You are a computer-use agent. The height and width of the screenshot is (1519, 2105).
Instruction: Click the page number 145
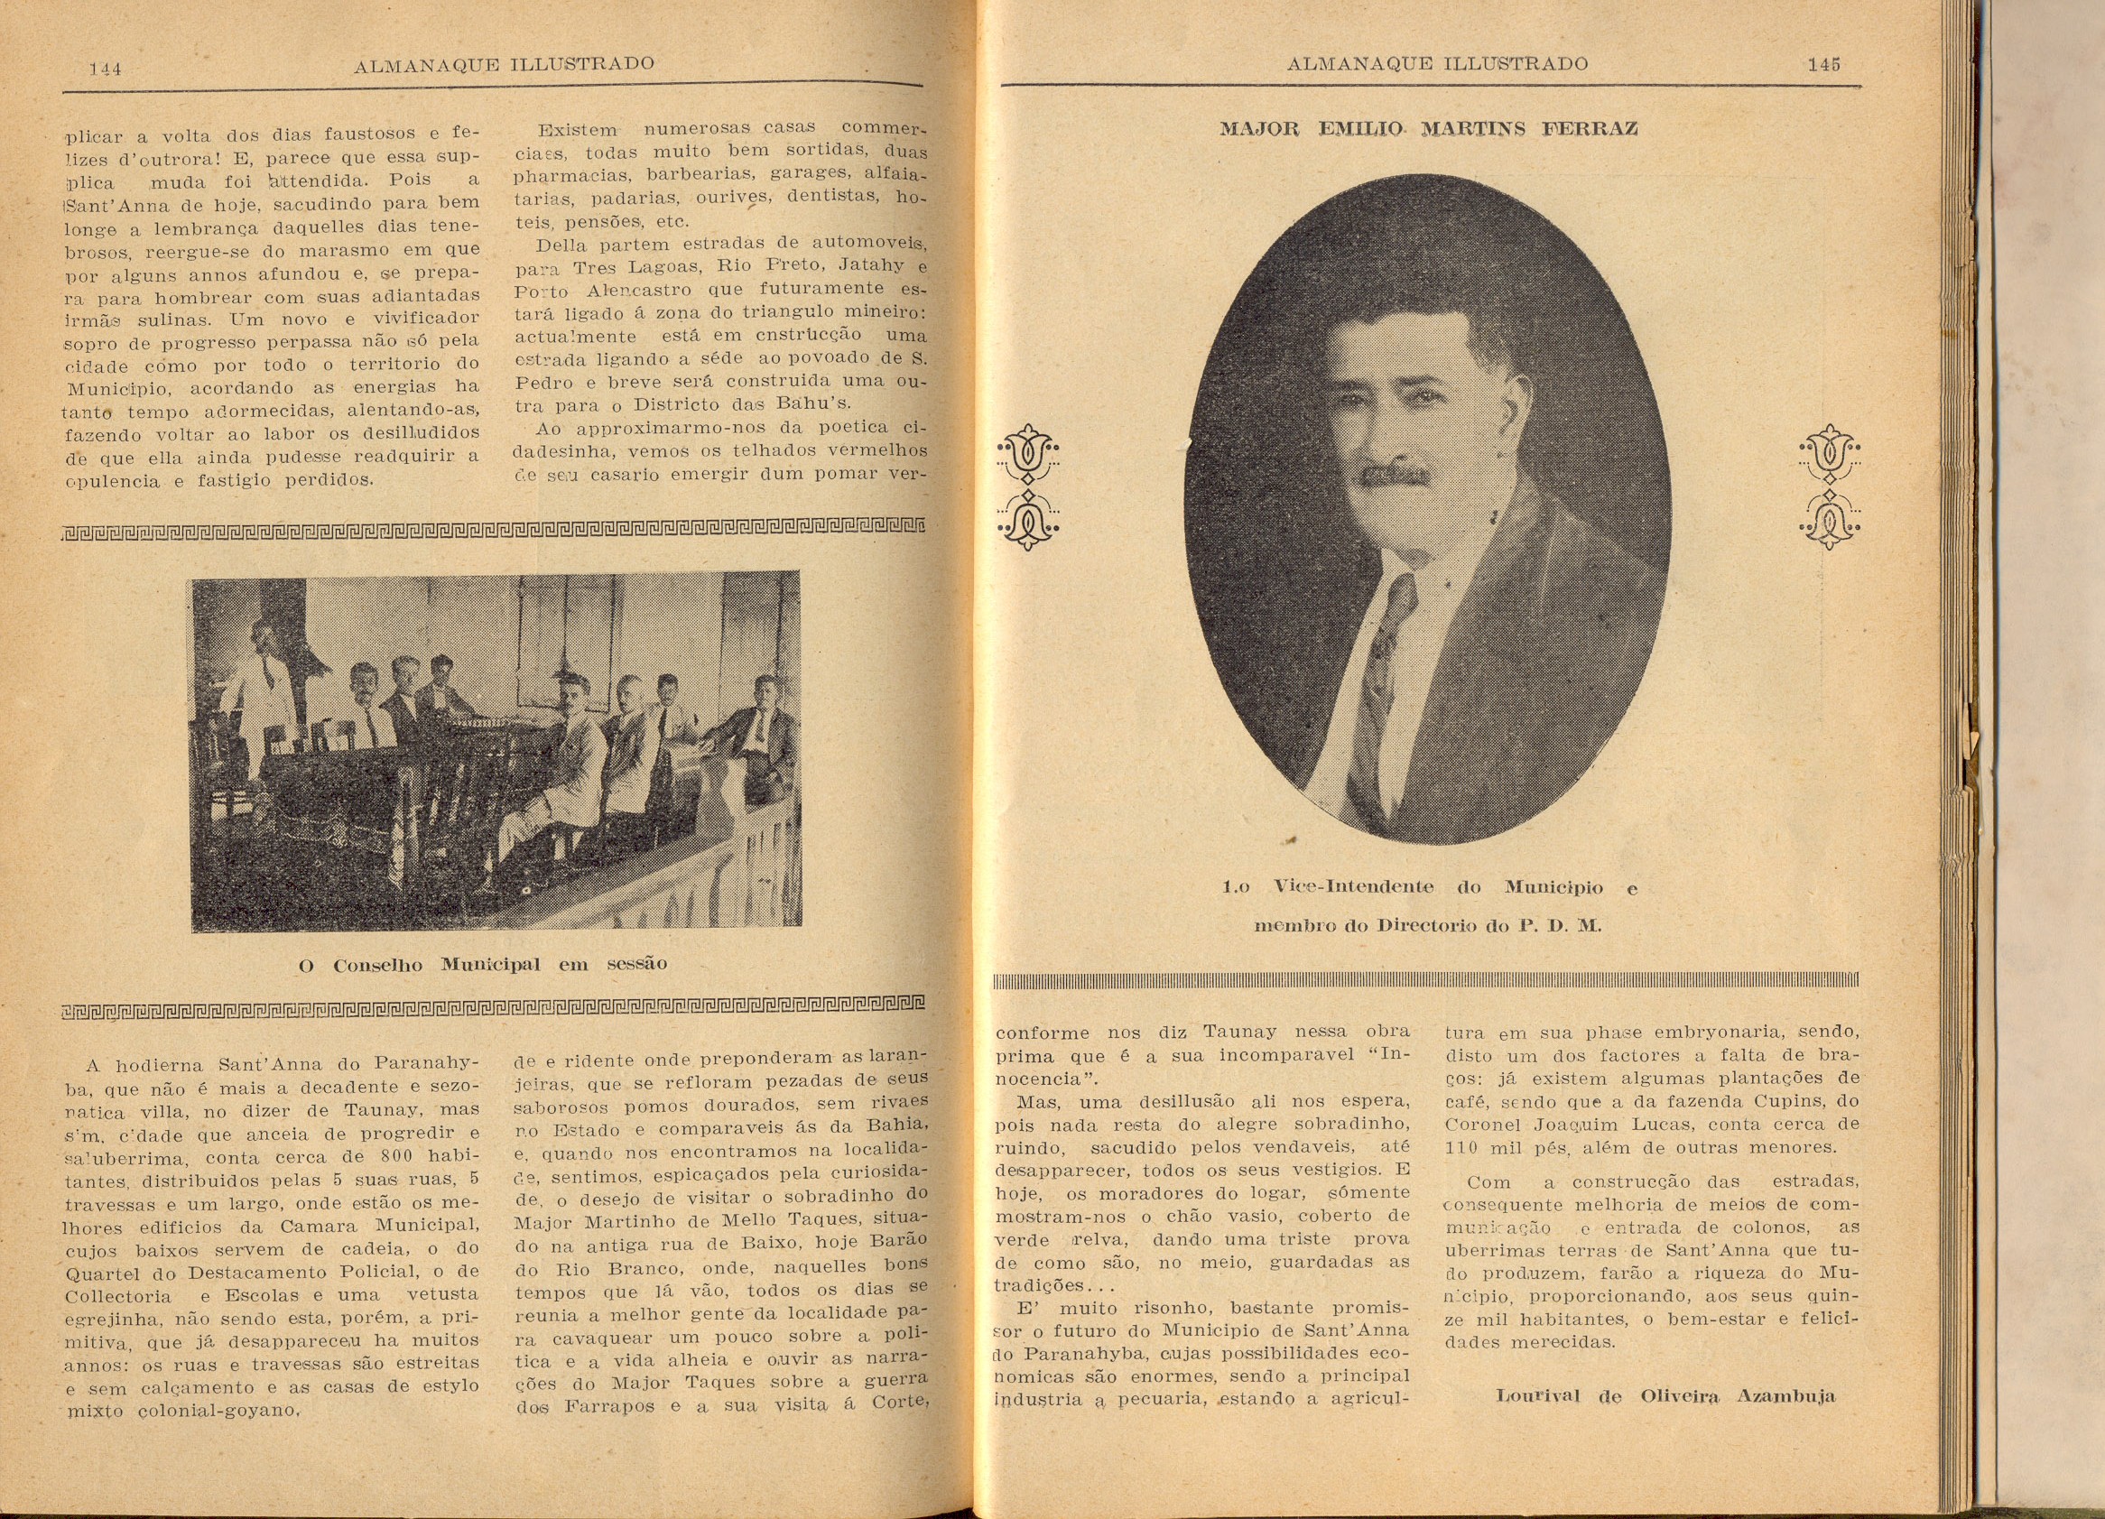1822,64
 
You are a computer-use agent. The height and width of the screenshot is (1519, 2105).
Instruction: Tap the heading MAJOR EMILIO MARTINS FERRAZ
1428,129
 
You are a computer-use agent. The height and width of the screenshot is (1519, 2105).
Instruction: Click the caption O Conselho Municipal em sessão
483,964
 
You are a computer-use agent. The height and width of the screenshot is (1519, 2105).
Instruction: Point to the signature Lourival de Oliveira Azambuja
1665,1395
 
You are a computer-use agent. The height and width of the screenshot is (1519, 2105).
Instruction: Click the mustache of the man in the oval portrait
1391,475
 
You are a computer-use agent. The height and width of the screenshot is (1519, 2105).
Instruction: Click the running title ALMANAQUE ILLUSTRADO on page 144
504,64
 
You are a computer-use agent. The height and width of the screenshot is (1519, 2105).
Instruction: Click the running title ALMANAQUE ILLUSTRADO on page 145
1438,64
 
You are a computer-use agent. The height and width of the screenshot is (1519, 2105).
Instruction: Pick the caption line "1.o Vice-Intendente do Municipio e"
1428,887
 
